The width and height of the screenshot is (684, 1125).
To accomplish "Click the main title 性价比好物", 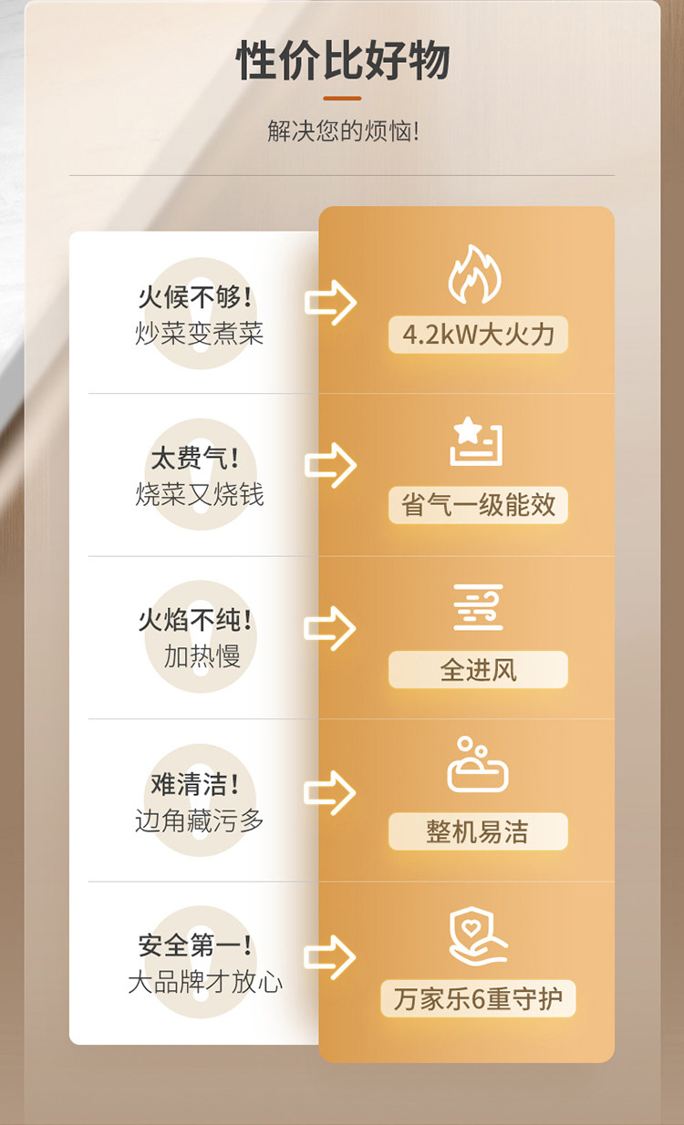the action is coord(343,62).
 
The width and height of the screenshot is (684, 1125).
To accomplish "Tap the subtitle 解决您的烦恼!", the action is coord(343,131).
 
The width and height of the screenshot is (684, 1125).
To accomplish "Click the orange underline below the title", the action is coord(342,98).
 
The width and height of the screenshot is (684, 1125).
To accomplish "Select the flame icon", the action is coord(474,274).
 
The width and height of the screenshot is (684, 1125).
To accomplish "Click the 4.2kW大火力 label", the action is coord(478,335).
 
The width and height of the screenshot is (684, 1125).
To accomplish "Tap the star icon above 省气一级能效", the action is coord(476,441).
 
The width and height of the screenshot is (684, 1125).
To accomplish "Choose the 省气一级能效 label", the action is coord(478,505).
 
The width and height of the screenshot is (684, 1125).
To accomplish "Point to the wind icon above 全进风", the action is coord(478,608).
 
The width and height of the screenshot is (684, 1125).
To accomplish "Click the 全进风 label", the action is coord(478,670).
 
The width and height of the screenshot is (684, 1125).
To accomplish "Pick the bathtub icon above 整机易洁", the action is coord(477,766).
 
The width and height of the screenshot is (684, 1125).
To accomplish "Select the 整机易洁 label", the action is coord(478,831).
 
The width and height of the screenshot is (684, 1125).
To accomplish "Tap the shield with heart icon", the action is coord(477,935).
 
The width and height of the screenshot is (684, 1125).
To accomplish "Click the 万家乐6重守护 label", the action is coord(478,998).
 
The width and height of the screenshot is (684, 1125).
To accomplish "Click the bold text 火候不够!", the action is coord(195,297).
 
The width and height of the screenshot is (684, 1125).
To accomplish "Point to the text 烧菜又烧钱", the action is coord(200,494).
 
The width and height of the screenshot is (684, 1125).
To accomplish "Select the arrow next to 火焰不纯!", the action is coord(330,628).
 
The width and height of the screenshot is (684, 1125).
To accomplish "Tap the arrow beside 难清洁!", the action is coord(330,792).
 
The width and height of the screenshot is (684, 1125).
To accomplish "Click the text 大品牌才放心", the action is coord(205,982).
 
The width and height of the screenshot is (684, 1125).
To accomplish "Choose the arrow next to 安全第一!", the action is coord(330,956).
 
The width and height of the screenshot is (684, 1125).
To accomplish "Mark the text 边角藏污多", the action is coord(200,820).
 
